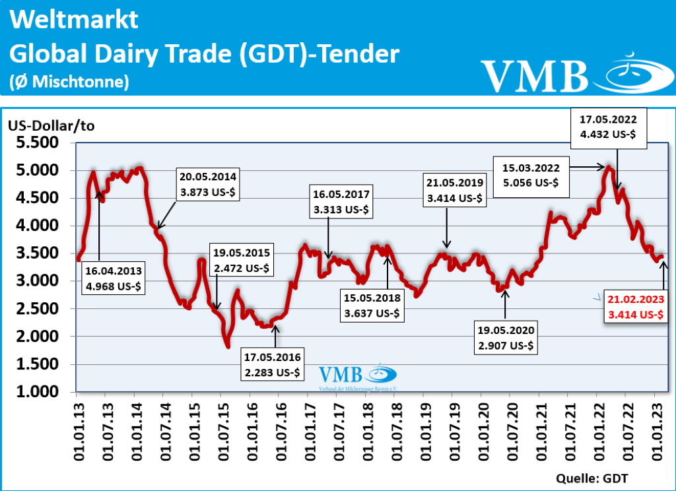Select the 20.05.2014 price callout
[x=207, y=184]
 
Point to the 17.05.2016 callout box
[x=271, y=365]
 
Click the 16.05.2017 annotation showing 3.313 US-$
[x=342, y=201]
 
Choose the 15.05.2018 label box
[x=371, y=306]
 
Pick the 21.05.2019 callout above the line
[x=455, y=190]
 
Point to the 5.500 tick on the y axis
[x=39, y=143]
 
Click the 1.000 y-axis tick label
[x=39, y=392]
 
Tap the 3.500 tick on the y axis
[x=39, y=253]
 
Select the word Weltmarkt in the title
[x=75, y=19]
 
